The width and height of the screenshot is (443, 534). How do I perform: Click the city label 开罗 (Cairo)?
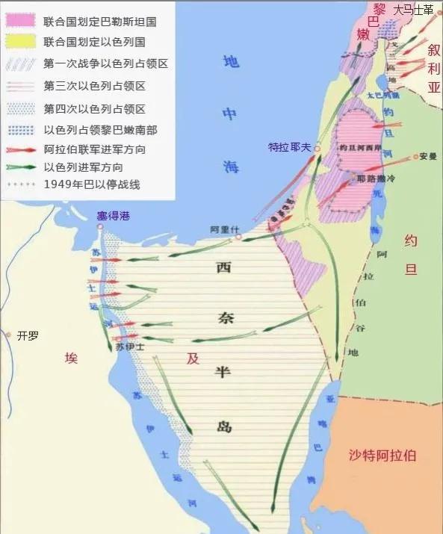(28, 335)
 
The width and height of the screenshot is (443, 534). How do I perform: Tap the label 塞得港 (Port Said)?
(113, 217)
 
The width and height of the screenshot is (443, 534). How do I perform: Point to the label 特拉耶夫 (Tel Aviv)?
(289, 148)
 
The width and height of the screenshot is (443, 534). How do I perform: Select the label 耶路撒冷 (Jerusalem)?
(373, 178)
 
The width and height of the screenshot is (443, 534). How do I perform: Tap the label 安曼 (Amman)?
(428, 157)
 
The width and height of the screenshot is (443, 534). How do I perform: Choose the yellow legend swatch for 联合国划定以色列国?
(20, 41)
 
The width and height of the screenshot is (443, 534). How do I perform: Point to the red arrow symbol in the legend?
(20, 150)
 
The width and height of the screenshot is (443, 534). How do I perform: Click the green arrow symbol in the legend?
(20, 167)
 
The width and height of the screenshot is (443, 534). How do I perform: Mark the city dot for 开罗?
(8, 336)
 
